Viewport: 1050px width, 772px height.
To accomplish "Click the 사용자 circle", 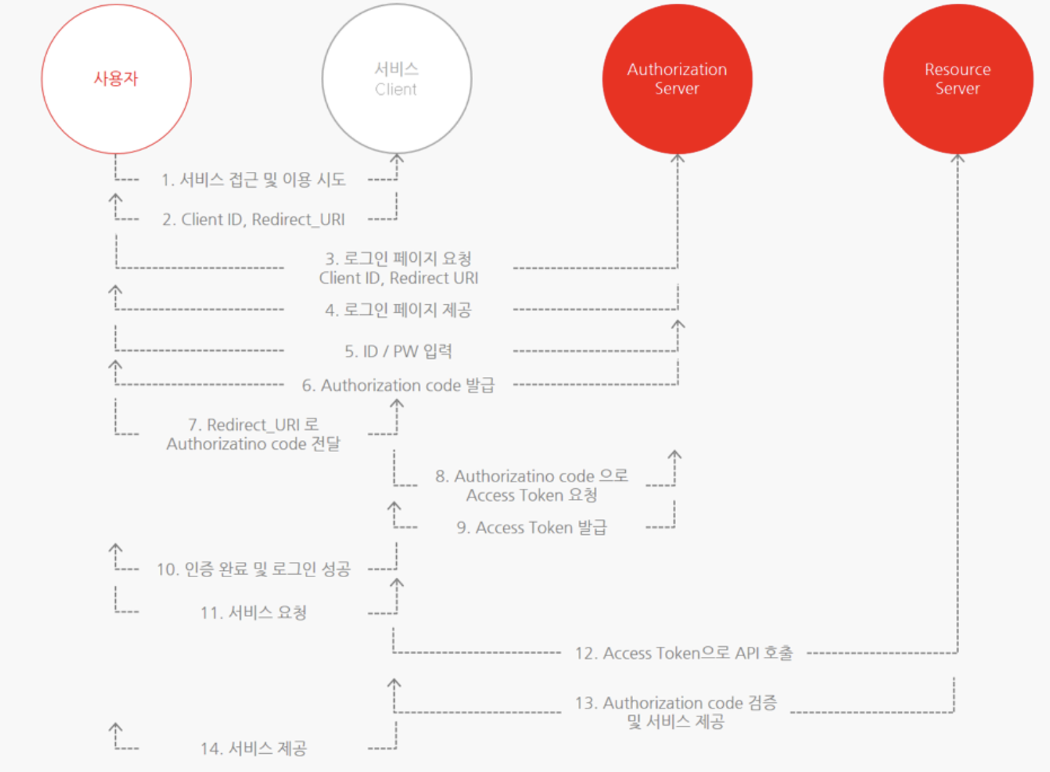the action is pyautogui.click(x=116, y=79).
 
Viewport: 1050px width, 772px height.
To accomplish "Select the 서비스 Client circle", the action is pyautogui.click(x=396, y=79).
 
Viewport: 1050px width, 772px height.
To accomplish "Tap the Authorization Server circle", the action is pyautogui.click(x=677, y=79).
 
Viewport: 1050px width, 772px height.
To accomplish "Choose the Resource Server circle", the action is pyautogui.click(x=958, y=79).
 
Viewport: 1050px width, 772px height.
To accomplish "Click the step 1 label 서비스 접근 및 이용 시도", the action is pyautogui.click(x=253, y=180).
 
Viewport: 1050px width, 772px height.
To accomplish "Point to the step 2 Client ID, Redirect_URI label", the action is pyautogui.click(x=253, y=219).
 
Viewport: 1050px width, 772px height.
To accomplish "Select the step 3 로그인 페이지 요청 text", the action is pyautogui.click(x=398, y=259).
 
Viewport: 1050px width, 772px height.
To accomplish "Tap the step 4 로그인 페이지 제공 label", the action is pyautogui.click(x=398, y=310).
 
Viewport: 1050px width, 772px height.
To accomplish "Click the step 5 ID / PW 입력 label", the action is pyautogui.click(x=398, y=351).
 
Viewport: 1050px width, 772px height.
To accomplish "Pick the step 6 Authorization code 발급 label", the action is pyautogui.click(x=398, y=385).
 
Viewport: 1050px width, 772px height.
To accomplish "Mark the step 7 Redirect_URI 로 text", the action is pyautogui.click(x=253, y=425).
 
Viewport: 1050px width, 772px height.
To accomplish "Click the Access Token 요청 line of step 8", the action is pyautogui.click(x=531, y=495).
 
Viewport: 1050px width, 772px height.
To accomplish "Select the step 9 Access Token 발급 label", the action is pyautogui.click(x=531, y=527).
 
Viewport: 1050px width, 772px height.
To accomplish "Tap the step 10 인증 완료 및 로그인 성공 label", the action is pyautogui.click(x=253, y=569).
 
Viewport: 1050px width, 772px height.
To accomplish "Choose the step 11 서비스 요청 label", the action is pyautogui.click(x=253, y=612).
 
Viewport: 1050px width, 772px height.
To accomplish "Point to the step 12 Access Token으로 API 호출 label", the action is pyautogui.click(x=684, y=653).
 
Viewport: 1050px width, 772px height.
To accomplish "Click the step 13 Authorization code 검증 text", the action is pyautogui.click(x=676, y=702).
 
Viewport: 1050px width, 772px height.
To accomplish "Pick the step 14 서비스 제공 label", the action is pyautogui.click(x=253, y=748).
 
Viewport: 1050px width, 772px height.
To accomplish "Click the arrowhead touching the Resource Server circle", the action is pyautogui.click(x=958, y=158).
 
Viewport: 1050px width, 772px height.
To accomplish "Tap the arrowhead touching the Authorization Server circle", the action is pyautogui.click(x=678, y=158).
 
